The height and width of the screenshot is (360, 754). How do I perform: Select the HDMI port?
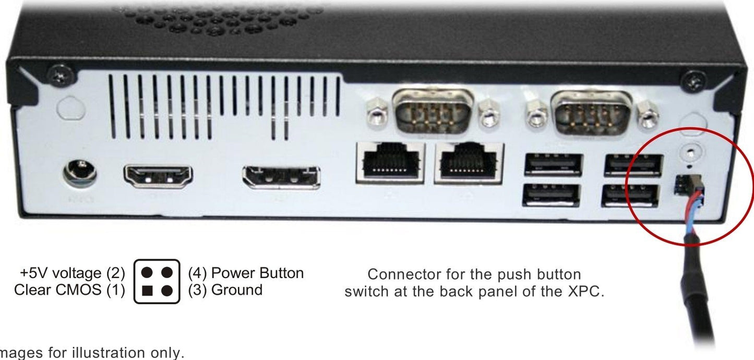point(158,176)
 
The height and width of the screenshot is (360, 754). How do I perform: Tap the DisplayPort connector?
point(281,177)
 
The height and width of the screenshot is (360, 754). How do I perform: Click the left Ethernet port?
point(390,162)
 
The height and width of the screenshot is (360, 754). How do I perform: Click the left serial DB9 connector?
point(433,112)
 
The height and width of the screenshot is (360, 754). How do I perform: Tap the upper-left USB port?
point(553,165)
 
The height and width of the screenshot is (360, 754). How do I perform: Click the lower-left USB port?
point(551,195)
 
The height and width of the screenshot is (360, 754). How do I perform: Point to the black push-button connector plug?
point(688,185)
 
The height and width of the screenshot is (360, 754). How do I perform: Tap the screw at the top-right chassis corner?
point(694,80)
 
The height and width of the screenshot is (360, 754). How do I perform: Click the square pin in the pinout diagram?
point(148,291)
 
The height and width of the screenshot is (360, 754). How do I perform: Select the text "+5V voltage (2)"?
point(73,273)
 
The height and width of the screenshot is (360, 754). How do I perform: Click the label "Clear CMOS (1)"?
point(69,290)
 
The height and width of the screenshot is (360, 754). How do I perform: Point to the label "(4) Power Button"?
point(246,273)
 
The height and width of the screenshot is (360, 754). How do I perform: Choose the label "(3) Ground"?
point(225,290)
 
